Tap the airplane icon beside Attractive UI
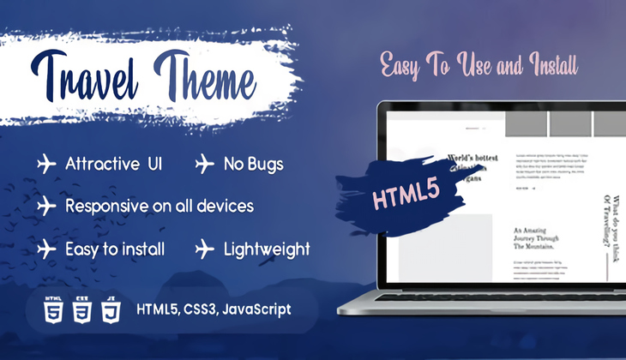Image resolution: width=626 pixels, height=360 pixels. pos(46,163)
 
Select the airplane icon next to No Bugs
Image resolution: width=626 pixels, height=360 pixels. pos(204,163)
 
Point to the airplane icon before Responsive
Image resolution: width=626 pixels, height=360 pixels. pos(46,207)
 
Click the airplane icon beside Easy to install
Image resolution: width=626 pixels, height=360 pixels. pos(46,249)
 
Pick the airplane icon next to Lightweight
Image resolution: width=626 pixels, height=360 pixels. pos(204,249)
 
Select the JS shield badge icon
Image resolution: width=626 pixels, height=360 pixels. pos(111,308)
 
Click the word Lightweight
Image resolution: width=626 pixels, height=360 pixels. pos(267,249)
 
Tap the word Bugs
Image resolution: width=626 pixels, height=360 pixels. pos(262,163)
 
